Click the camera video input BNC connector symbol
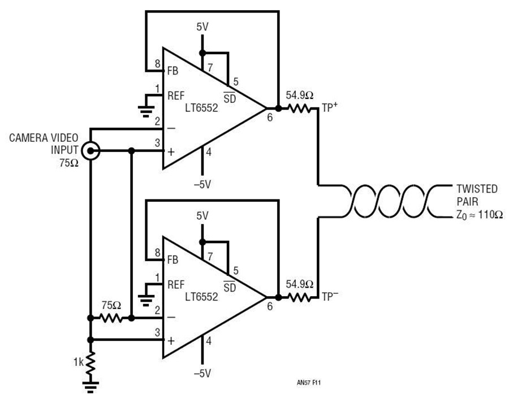(x=90, y=151)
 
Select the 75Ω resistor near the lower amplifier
(x=111, y=318)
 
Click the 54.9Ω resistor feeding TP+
(x=300, y=109)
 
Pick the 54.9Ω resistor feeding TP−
(x=300, y=297)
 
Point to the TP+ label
(x=330, y=107)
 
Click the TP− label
(x=330, y=296)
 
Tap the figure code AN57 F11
(x=309, y=383)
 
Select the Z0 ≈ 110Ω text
(x=480, y=215)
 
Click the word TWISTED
(x=477, y=189)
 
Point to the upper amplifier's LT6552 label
(x=201, y=108)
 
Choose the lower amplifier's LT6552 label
(x=201, y=297)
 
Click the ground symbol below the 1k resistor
(x=90, y=387)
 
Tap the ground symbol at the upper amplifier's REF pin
(x=146, y=111)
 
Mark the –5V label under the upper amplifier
(x=202, y=185)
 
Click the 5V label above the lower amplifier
(x=202, y=216)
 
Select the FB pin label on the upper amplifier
(x=173, y=71)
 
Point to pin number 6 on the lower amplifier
(x=270, y=306)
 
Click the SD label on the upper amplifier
(x=230, y=98)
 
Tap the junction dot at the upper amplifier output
(x=278, y=109)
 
